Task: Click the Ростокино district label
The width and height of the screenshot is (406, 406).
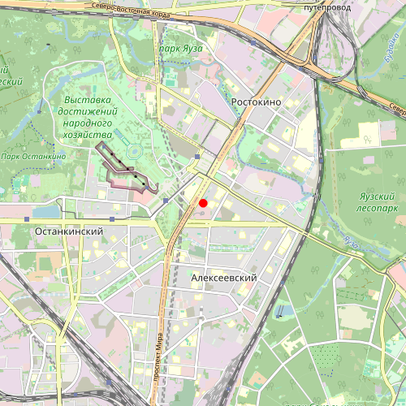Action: (256, 101)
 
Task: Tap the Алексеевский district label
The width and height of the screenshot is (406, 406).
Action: (224, 278)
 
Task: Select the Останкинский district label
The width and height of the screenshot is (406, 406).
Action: (69, 231)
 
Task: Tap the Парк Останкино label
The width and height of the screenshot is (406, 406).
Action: (32, 156)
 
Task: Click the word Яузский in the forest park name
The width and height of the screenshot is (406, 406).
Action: (374, 195)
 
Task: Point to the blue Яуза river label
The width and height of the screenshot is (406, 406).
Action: (351, 242)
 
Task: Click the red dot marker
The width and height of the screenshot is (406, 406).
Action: (203, 203)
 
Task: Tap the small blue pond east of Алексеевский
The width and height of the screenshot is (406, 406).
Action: (280, 311)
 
